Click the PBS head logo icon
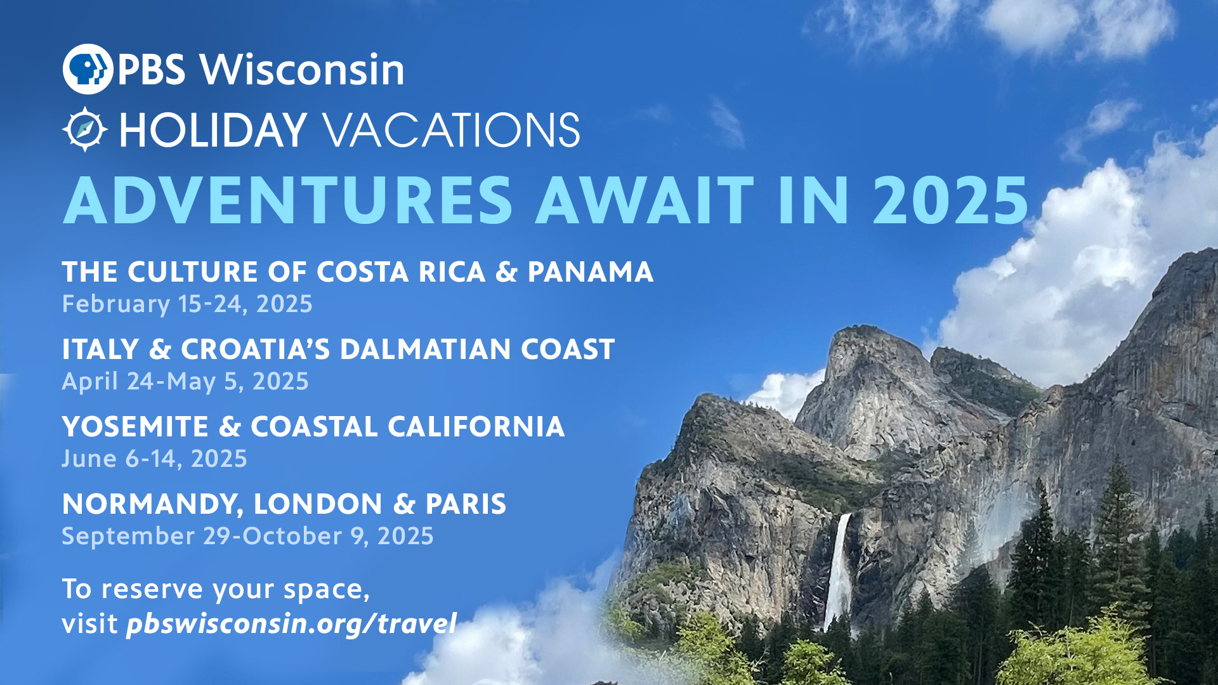(x=88, y=69)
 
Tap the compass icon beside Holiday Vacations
(x=85, y=129)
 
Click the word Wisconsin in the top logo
(x=302, y=69)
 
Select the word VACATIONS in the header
(x=451, y=130)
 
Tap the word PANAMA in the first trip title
(x=590, y=272)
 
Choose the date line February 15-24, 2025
(x=187, y=304)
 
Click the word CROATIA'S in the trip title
(x=256, y=349)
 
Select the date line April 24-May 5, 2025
(x=185, y=381)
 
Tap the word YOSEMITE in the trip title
(x=135, y=427)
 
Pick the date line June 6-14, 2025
(x=154, y=459)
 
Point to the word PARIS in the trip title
(x=466, y=504)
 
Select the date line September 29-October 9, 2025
(x=247, y=536)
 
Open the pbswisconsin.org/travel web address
(x=291, y=624)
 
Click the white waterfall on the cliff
(x=839, y=571)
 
